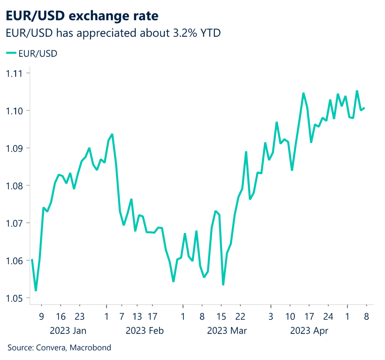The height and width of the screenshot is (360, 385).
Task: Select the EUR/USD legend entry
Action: click(x=32, y=54)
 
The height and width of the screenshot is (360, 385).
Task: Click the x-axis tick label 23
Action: click(x=79, y=316)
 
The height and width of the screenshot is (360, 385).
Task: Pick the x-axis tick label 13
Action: click(x=137, y=316)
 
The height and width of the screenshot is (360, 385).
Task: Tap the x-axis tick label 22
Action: click(x=241, y=316)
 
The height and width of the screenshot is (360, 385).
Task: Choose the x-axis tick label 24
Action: click(x=329, y=316)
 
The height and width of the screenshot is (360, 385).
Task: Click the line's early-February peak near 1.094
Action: click(x=112, y=134)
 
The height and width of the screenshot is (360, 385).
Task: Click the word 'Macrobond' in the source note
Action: click(x=92, y=348)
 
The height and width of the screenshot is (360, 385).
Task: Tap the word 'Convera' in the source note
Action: click(x=51, y=348)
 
